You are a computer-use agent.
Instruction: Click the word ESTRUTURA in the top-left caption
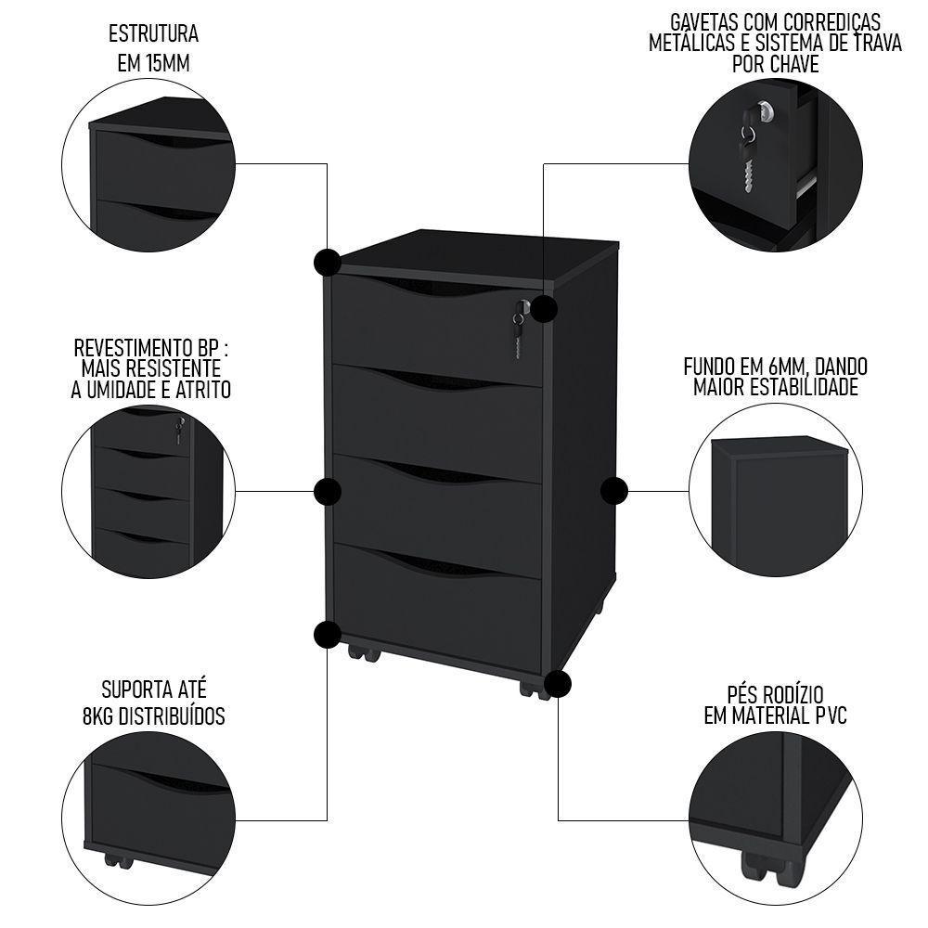153,35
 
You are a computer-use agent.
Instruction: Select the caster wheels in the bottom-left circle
118,858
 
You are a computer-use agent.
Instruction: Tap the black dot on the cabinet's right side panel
613,491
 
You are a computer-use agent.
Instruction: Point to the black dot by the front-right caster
558,685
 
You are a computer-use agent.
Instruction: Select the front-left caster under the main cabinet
363,652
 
